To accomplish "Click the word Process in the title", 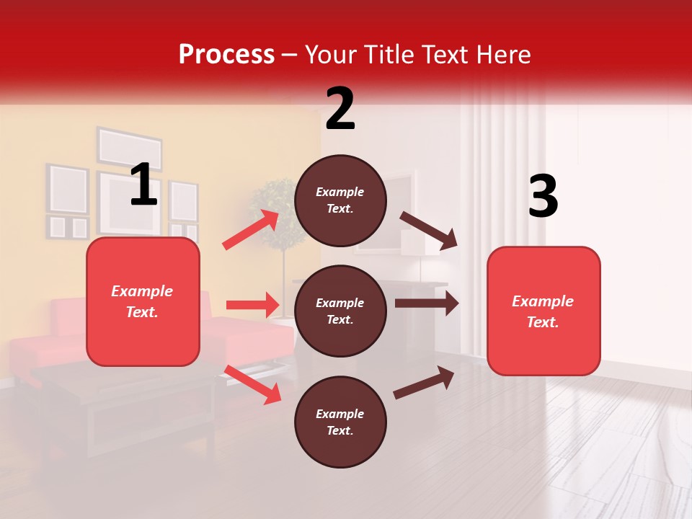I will click(x=226, y=55).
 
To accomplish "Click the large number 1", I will click(x=143, y=185).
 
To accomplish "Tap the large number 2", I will click(x=340, y=108).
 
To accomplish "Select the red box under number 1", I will click(x=143, y=301).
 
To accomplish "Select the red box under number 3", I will click(x=544, y=311).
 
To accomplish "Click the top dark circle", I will click(x=340, y=200).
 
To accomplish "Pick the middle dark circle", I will click(x=340, y=311).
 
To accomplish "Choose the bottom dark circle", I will click(x=340, y=422).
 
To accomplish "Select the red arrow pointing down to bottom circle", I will click(x=252, y=384).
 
